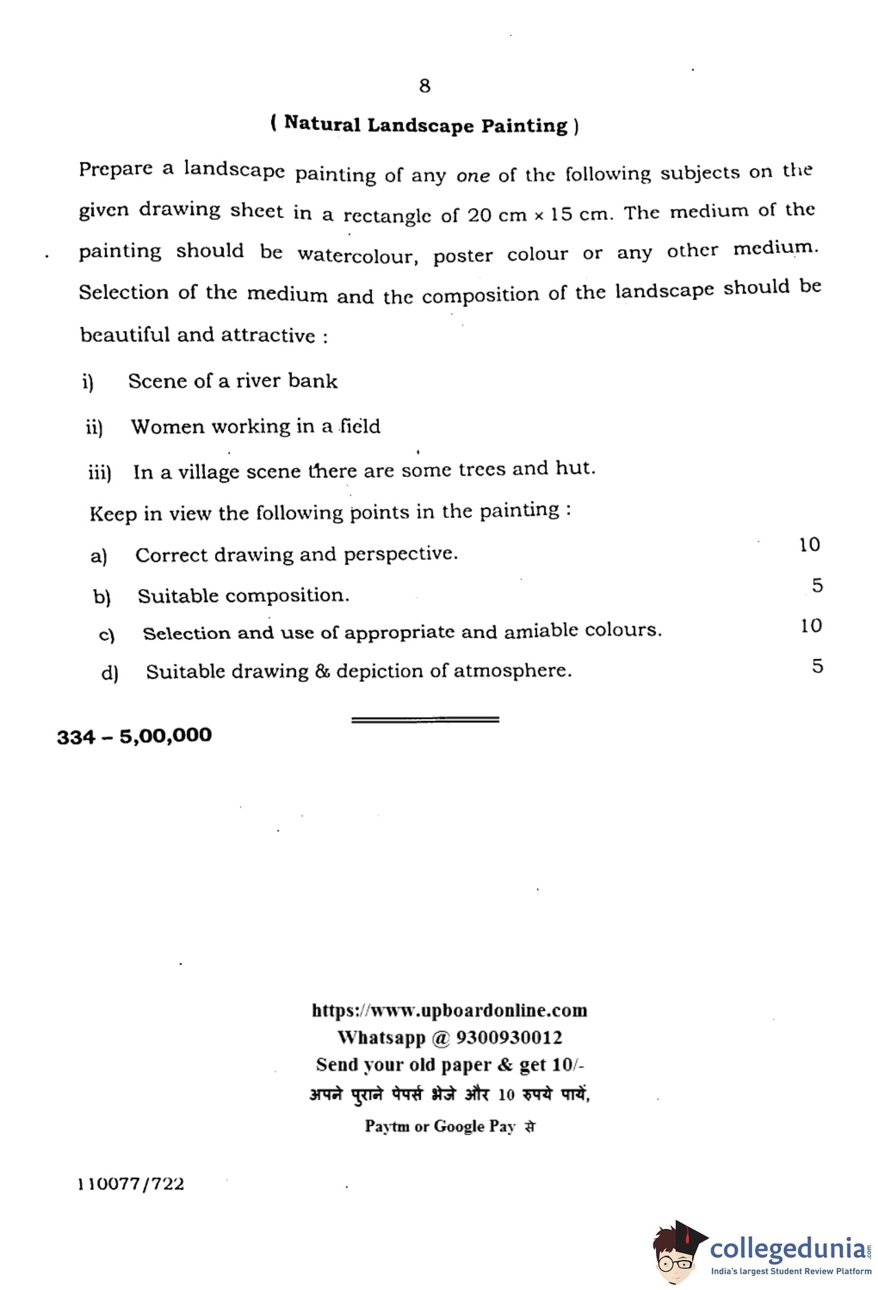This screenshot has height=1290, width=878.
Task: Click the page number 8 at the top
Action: (x=425, y=86)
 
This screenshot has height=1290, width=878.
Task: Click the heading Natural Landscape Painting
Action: (x=425, y=125)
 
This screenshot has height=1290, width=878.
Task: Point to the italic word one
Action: (x=472, y=176)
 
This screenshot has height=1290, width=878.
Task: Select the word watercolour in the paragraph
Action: (x=357, y=255)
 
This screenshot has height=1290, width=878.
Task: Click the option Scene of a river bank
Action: (x=232, y=381)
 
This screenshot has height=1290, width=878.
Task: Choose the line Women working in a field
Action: (x=256, y=427)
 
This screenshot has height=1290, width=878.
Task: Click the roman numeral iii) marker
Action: (x=100, y=473)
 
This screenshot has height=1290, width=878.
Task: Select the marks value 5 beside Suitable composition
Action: (x=817, y=586)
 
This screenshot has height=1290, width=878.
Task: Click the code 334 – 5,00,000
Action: (x=134, y=736)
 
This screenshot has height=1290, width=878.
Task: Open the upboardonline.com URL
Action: (x=449, y=1010)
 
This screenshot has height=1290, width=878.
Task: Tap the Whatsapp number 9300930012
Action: (x=509, y=1038)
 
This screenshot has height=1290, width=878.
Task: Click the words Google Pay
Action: (x=474, y=1126)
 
